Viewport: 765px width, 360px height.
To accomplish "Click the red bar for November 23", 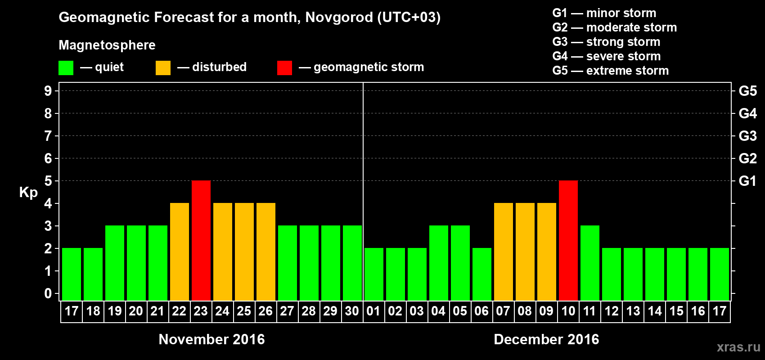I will click(x=201, y=240).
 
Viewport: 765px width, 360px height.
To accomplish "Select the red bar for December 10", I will click(x=568, y=240).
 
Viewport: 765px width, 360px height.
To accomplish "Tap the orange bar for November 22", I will click(x=180, y=252).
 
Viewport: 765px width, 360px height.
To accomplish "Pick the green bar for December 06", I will click(x=482, y=274).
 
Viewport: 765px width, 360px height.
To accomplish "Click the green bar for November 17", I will click(x=72, y=274).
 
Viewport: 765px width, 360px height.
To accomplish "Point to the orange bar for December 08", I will click(x=525, y=252).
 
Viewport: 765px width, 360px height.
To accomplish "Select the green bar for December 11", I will click(x=590, y=263).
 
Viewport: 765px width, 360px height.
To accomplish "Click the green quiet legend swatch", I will click(x=66, y=68).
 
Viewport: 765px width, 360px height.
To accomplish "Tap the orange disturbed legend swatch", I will click(x=163, y=68).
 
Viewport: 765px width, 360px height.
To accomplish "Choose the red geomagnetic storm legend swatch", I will click(x=284, y=68).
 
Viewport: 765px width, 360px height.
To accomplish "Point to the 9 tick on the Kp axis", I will click(x=48, y=91).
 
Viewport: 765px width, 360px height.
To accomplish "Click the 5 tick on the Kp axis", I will click(x=48, y=181).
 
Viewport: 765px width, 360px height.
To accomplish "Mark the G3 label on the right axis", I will click(x=747, y=136).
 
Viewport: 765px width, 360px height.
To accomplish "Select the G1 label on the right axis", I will click(x=747, y=181).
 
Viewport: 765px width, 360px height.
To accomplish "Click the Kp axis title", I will click(x=28, y=193).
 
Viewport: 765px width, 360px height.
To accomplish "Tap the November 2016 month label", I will click(x=211, y=339).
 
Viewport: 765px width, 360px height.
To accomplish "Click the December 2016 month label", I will click(x=546, y=339).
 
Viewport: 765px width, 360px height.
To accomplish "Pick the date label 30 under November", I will click(x=352, y=311).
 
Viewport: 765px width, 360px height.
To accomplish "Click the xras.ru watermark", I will click(x=738, y=347).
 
